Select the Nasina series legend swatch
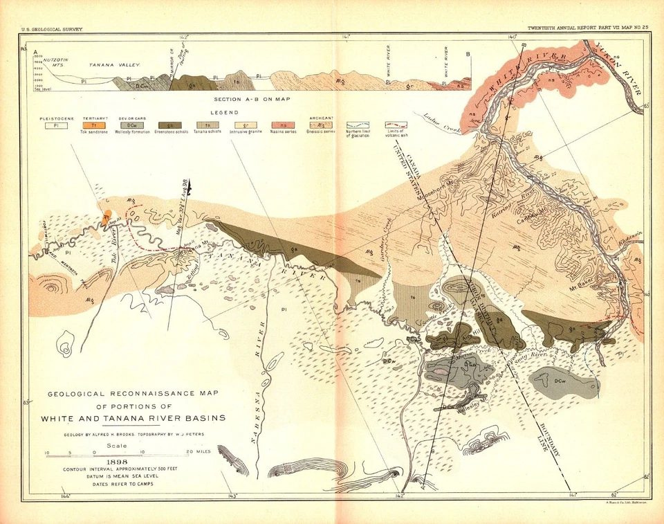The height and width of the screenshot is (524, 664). pyautogui.click(x=283, y=125)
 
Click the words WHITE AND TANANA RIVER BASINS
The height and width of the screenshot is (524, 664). pyautogui.click(x=133, y=418)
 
